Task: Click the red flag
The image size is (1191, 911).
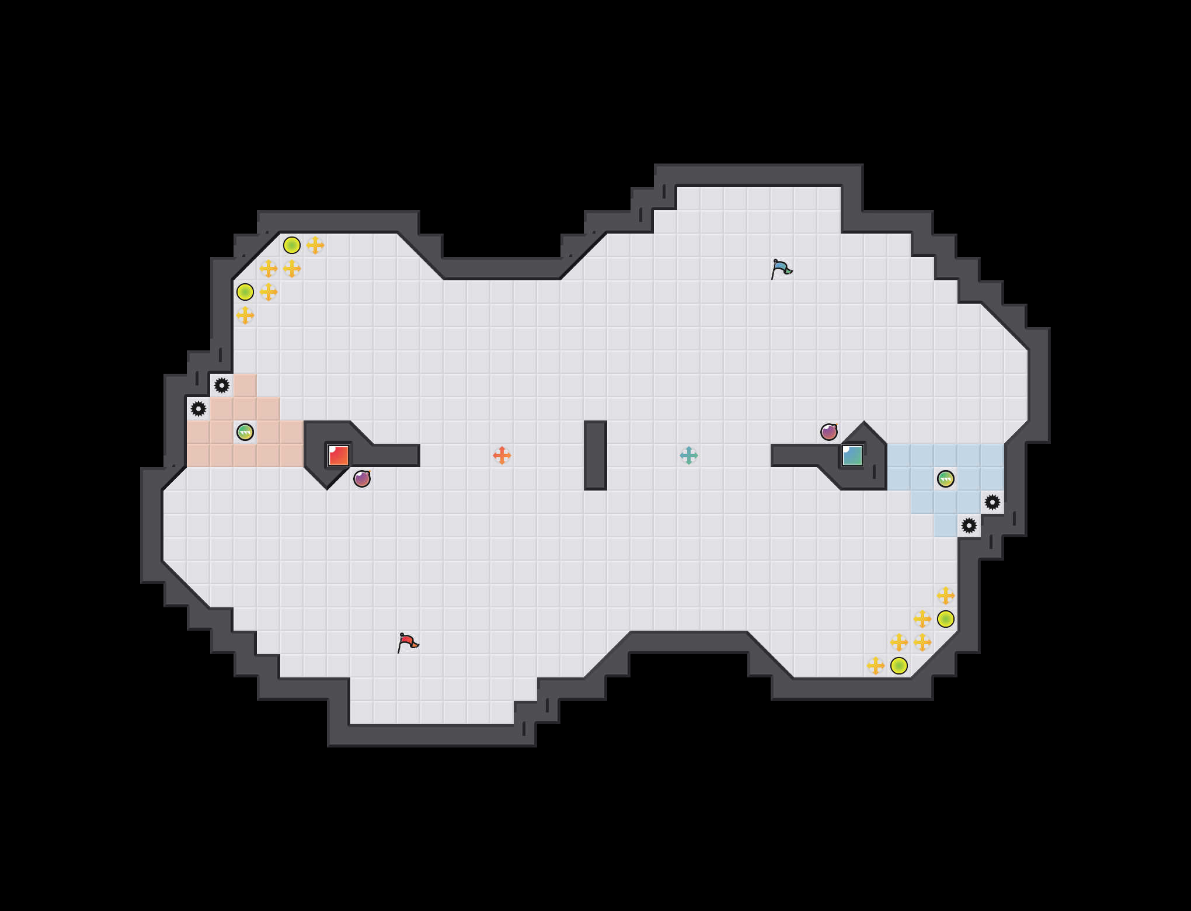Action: (408, 642)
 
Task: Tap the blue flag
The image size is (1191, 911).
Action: (781, 269)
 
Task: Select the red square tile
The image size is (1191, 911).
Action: (339, 455)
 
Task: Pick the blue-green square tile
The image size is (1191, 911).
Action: (852, 455)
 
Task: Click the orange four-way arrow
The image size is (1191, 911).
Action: (502, 455)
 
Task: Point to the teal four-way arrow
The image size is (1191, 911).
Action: (689, 455)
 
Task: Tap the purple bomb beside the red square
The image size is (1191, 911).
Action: (362, 479)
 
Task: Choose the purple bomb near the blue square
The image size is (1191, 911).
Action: (829, 432)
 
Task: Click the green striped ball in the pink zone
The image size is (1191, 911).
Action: (245, 432)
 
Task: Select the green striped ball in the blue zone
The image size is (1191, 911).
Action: (946, 479)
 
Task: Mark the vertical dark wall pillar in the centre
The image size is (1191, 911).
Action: (595, 455)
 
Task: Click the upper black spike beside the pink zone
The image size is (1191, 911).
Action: (222, 385)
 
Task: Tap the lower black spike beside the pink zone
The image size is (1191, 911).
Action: (198, 409)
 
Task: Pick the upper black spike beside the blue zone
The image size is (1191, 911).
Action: (993, 502)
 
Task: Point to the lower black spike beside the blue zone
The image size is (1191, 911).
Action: (969, 526)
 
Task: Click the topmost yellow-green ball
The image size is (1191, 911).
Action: (292, 245)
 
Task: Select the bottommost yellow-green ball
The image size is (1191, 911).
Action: (899, 666)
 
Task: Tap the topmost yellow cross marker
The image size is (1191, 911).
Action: (315, 245)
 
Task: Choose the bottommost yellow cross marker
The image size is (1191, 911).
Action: (876, 666)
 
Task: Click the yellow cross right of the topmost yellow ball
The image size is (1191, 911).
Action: (315, 245)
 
